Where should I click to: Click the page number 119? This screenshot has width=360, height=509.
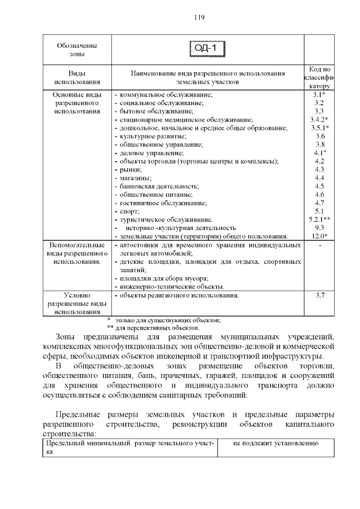[199, 17]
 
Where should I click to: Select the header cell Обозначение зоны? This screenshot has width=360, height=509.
[76, 49]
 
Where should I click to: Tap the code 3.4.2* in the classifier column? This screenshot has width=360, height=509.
[319, 120]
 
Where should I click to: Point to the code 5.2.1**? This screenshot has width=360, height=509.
[319, 219]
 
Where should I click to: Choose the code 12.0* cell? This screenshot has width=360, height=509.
[319, 236]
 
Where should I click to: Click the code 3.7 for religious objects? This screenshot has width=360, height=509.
[319, 295]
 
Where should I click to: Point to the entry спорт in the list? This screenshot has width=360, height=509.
[128, 211]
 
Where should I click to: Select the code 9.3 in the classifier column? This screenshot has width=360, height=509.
[319, 228]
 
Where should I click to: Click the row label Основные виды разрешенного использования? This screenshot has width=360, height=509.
[76, 103]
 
